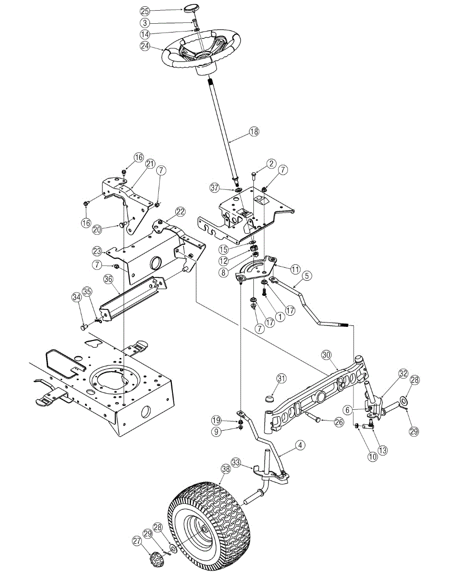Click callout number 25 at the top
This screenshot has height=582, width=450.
tap(145, 11)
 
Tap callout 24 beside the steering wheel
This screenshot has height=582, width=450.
tap(145, 47)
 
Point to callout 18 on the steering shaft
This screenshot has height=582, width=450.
tap(254, 131)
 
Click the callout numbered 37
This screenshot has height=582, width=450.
tap(215, 187)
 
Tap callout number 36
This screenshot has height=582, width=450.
tap(108, 279)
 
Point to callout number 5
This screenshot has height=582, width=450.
tap(306, 275)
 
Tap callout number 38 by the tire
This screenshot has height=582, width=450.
tap(225, 469)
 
